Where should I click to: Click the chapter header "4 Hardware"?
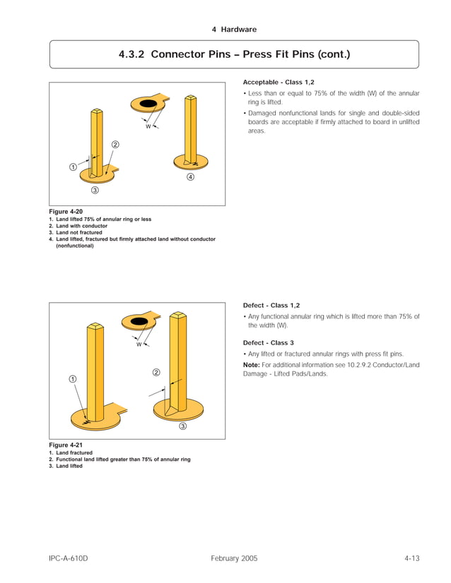click(x=234, y=30)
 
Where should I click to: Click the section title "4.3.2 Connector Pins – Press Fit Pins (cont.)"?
click(x=234, y=54)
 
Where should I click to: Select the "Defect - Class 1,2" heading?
click(x=271, y=306)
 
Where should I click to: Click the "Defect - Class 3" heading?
click(x=268, y=342)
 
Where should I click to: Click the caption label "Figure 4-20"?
click(x=66, y=212)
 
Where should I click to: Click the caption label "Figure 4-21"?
click(x=66, y=445)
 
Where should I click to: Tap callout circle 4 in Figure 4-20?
click(x=190, y=177)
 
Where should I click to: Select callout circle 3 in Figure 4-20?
click(x=94, y=191)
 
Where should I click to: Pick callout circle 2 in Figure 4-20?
click(x=115, y=145)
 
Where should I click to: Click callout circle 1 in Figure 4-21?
click(x=73, y=379)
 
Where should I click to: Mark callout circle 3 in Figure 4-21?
click(x=182, y=426)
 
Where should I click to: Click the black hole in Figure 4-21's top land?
click(x=141, y=322)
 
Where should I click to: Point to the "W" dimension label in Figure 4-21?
click(x=139, y=345)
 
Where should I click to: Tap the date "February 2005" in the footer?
click(x=234, y=558)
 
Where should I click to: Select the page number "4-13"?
click(x=411, y=558)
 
